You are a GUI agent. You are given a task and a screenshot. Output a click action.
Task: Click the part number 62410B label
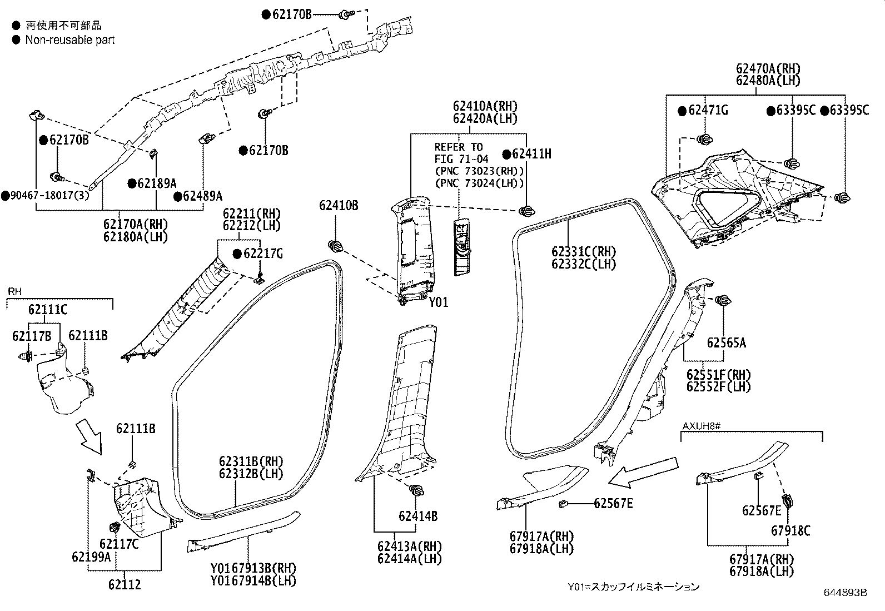pos(338,206)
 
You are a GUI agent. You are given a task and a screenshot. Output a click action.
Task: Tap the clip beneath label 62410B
pos(335,246)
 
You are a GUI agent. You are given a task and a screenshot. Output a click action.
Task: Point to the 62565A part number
pos(727,342)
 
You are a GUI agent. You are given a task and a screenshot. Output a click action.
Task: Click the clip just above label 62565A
pos(723,301)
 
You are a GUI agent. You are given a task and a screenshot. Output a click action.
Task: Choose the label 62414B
pos(417,516)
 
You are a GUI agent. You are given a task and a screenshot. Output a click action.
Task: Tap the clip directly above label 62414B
pos(416,490)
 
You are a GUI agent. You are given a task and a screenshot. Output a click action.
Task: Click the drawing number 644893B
pos(846,593)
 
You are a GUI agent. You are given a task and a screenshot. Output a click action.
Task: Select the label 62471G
pos(708,111)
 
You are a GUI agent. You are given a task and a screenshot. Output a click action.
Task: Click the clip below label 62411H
pos(525,211)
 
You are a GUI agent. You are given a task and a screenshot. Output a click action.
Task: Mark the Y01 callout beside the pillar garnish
pos(438,302)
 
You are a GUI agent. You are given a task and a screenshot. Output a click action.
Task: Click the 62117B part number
pos(31,335)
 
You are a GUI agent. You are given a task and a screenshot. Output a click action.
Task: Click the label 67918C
pos(790,531)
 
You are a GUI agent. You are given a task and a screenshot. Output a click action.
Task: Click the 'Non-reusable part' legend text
pos(70,40)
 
